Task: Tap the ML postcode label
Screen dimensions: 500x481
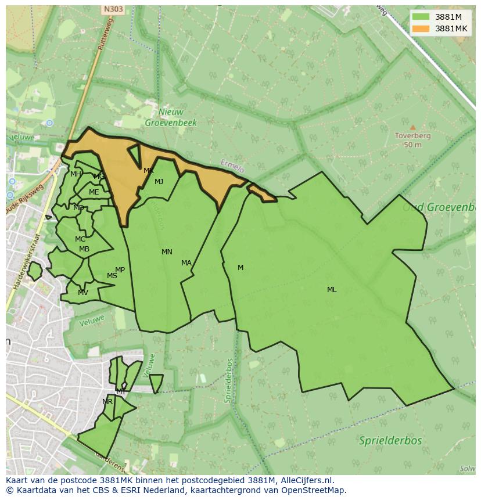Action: pyautogui.click(x=332, y=290)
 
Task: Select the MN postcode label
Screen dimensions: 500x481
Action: pyautogui.click(x=167, y=252)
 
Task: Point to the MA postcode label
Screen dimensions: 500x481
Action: pyautogui.click(x=186, y=263)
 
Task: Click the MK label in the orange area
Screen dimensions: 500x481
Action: pyautogui.click(x=149, y=171)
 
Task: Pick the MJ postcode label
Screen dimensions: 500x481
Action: pyautogui.click(x=159, y=182)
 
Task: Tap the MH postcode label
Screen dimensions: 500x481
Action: pyautogui.click(x=76, y=174)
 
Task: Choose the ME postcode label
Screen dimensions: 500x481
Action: pyautogui.click(x=94, y=192)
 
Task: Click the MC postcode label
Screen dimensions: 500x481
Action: pyautogui.click(x=80, y=239)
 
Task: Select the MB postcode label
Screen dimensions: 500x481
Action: pyautogui.click(x=84, y=250)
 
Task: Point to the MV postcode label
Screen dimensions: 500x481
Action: pyautogui.click(x=83, y=293)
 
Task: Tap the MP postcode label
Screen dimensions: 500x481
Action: pyautogui.click(x=120, y=270)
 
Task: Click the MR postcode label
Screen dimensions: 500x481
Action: pyautogui.click(x=107, y=402)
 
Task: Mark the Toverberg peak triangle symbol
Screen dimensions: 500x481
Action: pyautogui.click(x=412, y=127)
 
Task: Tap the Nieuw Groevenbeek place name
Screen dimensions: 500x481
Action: pyautogui.click(x=171, y=117)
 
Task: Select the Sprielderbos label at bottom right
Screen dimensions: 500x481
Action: pyautogui.click(x=390, y=441)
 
